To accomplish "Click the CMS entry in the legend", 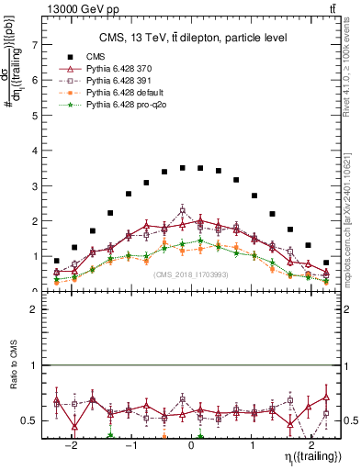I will pyautogui.click(x=96, y=57).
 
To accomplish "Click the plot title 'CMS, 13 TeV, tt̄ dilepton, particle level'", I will pyautogui.click(x=193, y=38).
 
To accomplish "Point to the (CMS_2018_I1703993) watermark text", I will pyautogui.click(x=191, y=274).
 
